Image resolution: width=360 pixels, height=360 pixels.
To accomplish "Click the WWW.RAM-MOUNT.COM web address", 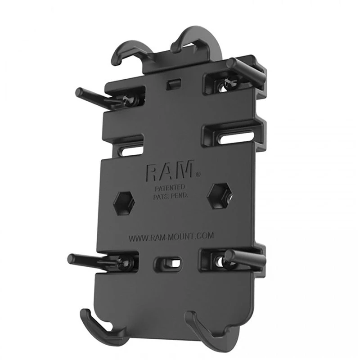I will pyautogui.click(x=171, y=236).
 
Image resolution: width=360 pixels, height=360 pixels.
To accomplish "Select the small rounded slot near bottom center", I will pyautogui.click(x=171, y=263).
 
